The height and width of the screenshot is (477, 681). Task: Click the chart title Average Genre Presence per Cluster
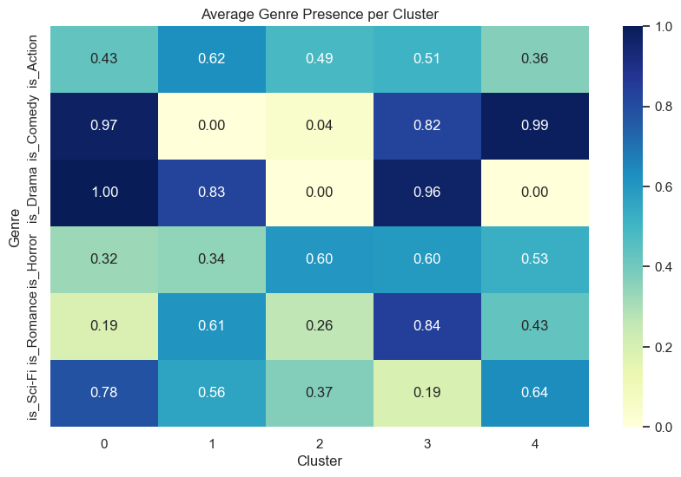[319, 14]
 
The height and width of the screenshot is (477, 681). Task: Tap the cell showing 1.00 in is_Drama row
[103, 193]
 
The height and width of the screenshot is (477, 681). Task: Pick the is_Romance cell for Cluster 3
[426, 325]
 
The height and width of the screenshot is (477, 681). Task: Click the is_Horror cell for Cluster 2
[319, 259]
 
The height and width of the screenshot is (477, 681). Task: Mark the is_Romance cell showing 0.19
[103, 325]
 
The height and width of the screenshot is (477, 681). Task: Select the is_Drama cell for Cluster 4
[533, 193]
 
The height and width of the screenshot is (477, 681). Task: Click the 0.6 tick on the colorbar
[662, 186]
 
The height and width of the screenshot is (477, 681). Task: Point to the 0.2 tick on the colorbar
[662, 346]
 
